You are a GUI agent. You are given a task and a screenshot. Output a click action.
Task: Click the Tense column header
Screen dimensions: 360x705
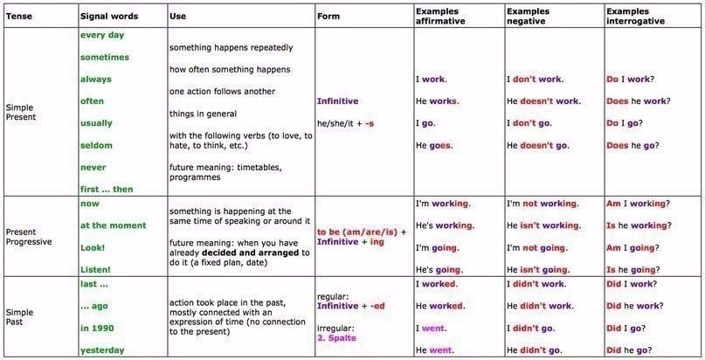(18, 17)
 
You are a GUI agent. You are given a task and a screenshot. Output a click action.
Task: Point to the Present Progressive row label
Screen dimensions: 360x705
(28, 237)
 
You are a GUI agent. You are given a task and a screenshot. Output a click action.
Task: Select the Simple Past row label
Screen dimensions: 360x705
(19, 316)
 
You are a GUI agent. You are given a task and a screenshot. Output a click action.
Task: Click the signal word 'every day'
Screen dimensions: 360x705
(101, 35)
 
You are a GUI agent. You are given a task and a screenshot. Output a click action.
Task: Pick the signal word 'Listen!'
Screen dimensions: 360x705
(95, 270)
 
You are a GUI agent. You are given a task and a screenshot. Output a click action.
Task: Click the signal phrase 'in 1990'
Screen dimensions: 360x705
(96, 328)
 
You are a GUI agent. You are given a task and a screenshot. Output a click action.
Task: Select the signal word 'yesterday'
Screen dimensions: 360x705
(101, 350)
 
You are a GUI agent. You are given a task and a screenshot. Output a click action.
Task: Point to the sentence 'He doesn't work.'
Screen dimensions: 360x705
(543, 100)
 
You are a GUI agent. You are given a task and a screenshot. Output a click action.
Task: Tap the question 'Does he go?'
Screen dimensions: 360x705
(635, 145)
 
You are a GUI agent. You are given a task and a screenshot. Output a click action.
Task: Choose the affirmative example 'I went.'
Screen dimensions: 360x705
(431, 328)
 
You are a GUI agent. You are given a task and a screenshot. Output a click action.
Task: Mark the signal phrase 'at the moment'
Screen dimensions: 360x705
(113, 225)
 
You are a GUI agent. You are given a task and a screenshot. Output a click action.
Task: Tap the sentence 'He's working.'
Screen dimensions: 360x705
(445, 225)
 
